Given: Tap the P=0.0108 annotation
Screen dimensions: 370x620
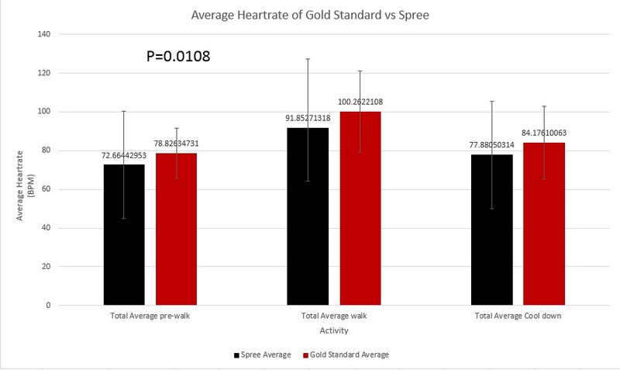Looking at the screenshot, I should tap(178, 57).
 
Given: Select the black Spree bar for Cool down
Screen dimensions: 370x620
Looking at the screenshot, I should tap(491, 230).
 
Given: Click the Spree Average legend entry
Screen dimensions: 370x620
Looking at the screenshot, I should tap(262, 354).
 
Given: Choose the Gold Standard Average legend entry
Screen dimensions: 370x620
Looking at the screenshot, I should tap(349, 354).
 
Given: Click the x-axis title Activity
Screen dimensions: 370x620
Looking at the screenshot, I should tap(333, 330).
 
